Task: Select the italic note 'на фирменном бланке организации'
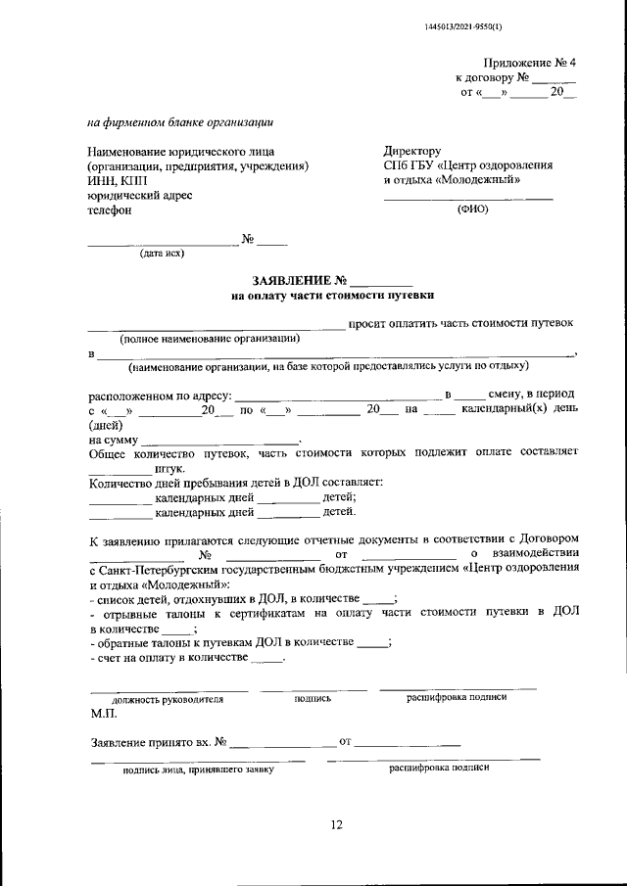point(181,123)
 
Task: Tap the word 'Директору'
point(412,151)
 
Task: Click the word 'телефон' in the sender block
point(109,210)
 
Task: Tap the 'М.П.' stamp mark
point(103,714)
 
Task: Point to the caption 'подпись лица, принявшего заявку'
point(197,769)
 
